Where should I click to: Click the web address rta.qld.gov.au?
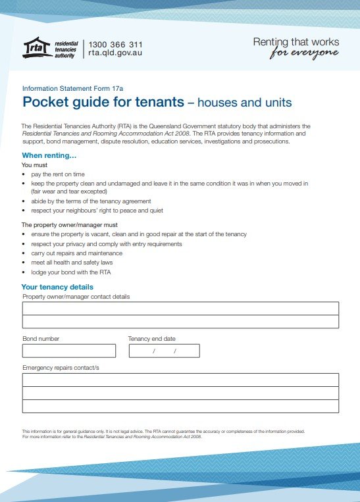(115, 53)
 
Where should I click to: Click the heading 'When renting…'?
(49, 155)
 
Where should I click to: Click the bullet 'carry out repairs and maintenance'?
(76, 253)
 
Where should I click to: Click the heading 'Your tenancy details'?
(57, 287)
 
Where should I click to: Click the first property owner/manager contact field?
(180, 308)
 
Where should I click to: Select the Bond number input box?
(68, 351)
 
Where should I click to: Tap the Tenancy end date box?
(164, 351)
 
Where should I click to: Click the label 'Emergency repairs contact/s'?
(61, 367)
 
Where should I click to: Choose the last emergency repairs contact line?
(180, 406)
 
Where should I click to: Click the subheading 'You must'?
(34, 165)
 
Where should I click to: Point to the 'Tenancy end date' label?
(152, 339)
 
